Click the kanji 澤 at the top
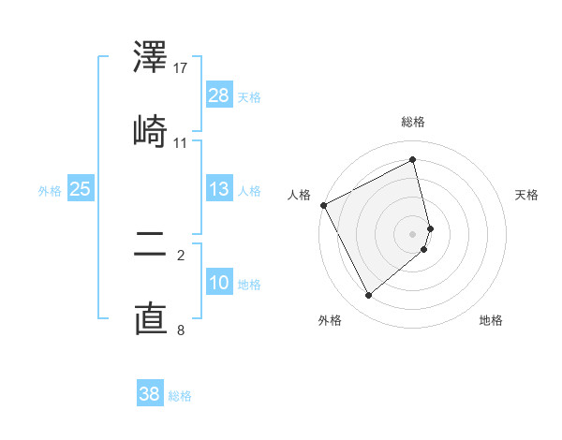(x=151, y=58)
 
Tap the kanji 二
(x=151, y=246)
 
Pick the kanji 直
(x=151, y=318)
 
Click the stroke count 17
(x=181, y=68)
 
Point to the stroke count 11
(x=181, y=142)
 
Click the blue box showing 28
(x=219, y=95)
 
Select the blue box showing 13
(x=219, y=188)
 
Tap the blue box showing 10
(x=219, y=282)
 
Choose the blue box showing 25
(x=80, y=188)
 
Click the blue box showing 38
(x=150, y=394)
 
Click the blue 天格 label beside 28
(x=249, y=96)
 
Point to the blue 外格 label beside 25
(x=50, y=191)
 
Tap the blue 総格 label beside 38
(x=180, y=396)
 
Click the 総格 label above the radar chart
(x=413, y=122)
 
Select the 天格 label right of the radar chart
(x=527, y=195)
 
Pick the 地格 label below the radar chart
(x=491, y=320)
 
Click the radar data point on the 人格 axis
(x=323, y=205)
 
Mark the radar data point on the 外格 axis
(x=368, y=295)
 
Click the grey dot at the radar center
(x=413, y=233)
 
